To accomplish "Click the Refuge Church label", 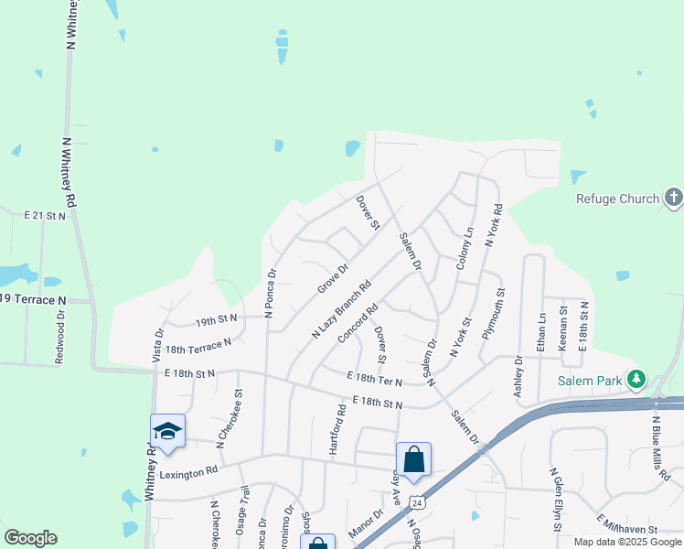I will pos(617,199).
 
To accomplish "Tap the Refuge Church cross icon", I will pos(673,198).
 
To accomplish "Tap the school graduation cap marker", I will pos(168,431).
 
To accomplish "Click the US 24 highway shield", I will pos(417,502).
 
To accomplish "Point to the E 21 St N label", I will pos(45,216).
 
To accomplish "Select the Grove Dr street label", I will pos(333,279).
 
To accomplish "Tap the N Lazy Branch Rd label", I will pos(341,309).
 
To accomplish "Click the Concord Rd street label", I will pos(358,325).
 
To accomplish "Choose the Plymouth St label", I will pos(494,314).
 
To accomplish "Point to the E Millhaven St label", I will pos(627,526).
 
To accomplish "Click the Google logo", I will pos(30,538).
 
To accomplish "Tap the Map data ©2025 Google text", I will pos(626,542).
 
